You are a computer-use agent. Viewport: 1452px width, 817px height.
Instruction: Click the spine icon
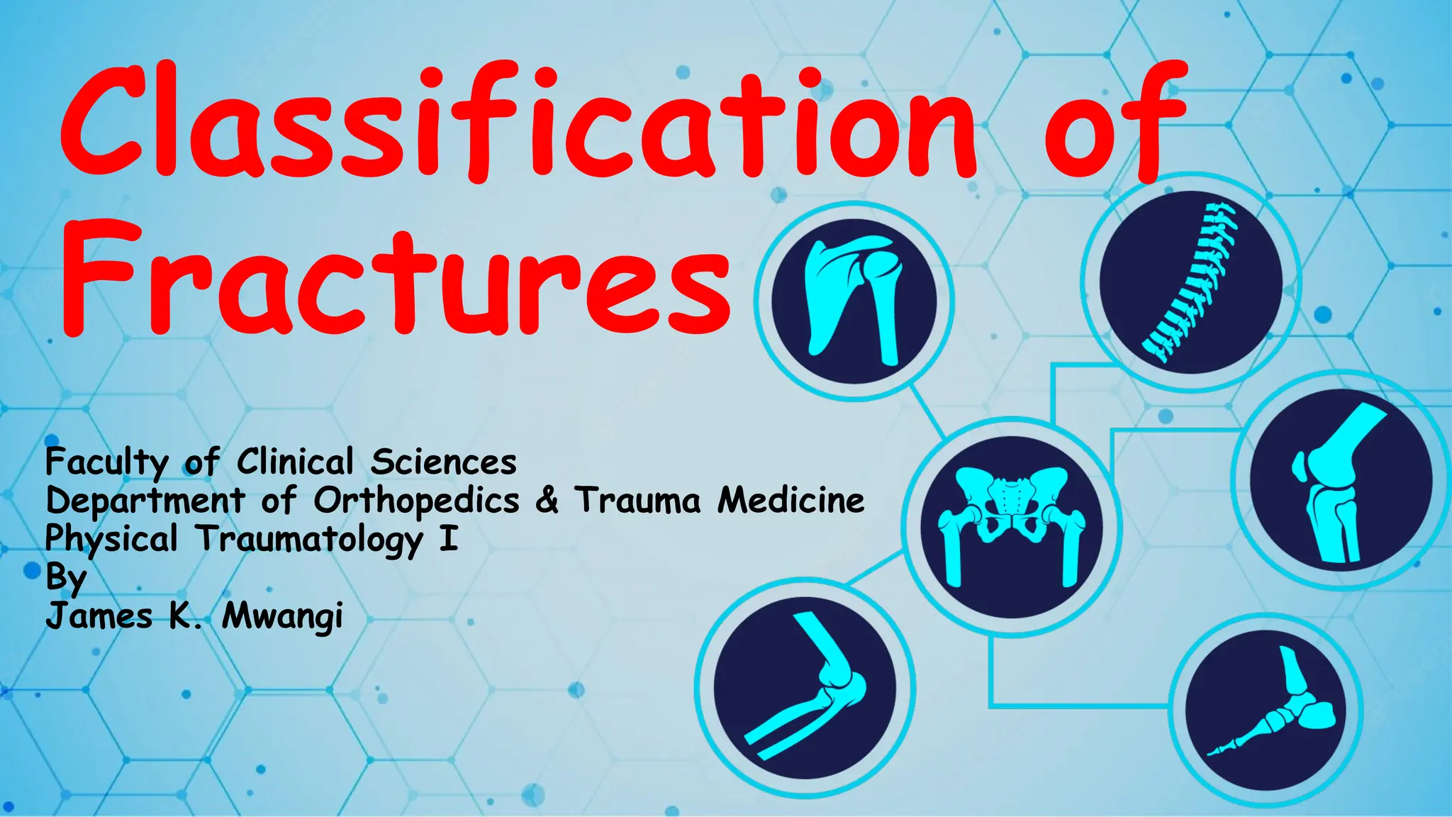pyautogui.click(x=1191, y=282)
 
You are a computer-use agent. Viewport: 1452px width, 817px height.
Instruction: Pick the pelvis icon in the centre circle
pyautogui.click(x=1012, y=527)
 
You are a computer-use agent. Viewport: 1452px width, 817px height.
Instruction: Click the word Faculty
pyautogui.click(x=106, y=463)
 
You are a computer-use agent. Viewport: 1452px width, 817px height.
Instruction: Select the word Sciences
pyautogui.click(x=444, y=463)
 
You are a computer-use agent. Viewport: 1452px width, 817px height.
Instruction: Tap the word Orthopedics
pyautogui.click(x=417, y=501)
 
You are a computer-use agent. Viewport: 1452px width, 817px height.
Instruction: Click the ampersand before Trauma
pyautogui.click(x=547, y=500)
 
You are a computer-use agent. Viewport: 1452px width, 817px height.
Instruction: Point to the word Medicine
pyautogui.click(x=791, y=500)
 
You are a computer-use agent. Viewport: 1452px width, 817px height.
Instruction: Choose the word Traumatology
pyautogui.click(x=309, y=540)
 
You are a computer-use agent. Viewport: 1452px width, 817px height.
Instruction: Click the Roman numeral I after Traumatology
pyautogui.click(x=448, y=538)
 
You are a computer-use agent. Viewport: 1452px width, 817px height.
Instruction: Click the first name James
pyautogui.click(x=99, y=615)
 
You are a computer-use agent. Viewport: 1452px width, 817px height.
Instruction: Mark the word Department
pyautogui.click(x=145, y=501)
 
